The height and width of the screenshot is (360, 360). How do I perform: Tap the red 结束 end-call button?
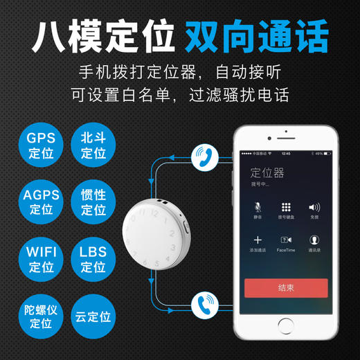286,288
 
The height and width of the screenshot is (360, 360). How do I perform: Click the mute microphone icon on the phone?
258,207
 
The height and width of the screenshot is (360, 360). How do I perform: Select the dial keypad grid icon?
286,207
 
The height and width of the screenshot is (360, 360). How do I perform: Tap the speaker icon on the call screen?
314,207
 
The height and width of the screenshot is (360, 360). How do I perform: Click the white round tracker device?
155,228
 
